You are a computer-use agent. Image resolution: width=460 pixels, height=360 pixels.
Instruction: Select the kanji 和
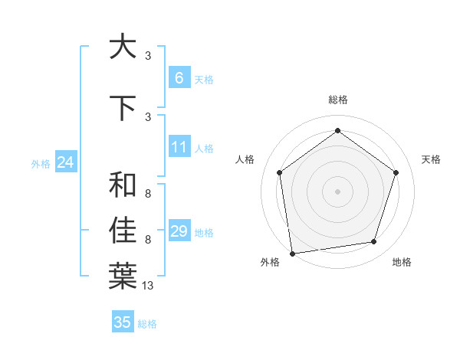(123, 185)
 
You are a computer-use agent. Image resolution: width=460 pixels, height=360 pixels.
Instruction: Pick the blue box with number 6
(179, 78)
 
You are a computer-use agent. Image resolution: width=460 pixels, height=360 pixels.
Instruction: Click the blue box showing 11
(179, 148)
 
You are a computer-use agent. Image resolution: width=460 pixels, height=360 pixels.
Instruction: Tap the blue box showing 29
(179, 231)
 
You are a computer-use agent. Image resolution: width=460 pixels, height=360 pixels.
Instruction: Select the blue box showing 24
(65, 162)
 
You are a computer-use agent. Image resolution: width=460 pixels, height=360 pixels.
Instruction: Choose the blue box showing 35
(123, 322)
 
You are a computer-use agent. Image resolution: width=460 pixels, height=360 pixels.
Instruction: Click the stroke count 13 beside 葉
(148, 286)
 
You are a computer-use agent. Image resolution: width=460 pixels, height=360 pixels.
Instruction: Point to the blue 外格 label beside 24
(41, 163)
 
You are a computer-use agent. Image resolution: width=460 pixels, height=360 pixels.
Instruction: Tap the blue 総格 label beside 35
(147, 324)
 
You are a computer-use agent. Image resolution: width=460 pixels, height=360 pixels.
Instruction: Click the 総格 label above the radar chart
(337, 100)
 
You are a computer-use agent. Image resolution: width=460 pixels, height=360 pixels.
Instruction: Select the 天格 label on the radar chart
(431, 159)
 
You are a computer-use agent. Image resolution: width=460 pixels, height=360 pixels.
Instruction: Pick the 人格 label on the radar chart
(245, 159)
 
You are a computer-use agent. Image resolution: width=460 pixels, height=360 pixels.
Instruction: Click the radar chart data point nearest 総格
(337, 131)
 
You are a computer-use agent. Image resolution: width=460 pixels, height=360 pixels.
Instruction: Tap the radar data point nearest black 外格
(292, 252)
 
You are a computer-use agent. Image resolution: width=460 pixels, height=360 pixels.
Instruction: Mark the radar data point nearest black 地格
(374, 242)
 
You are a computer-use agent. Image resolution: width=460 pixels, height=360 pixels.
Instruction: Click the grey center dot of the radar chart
(337, 191)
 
